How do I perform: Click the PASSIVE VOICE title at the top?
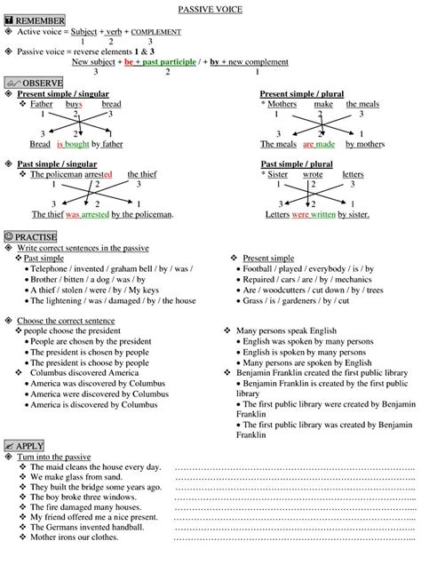[x=210, y=7]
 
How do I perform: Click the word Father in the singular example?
[x=42, y=104]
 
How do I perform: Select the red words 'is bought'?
[x=73, y=143]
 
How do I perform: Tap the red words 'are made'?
[x=318, y=143]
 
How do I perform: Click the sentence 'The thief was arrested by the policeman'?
[x=102, y=214]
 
